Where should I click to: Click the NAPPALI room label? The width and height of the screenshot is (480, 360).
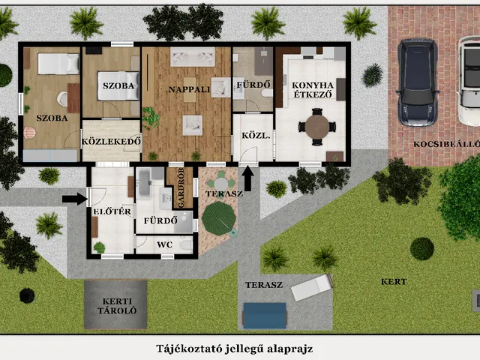(x=189, y=89)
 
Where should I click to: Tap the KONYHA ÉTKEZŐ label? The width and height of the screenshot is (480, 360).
(x=313, y=90)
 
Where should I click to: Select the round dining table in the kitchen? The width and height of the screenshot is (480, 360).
(x=317, y=127)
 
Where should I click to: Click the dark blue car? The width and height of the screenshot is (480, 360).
(x=418, y=82)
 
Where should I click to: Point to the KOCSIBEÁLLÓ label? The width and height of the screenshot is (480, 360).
(x=447, y=144)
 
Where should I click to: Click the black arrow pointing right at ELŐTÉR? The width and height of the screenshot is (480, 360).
(x=75, y=199)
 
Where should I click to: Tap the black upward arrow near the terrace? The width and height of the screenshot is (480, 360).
(x=248, y=178)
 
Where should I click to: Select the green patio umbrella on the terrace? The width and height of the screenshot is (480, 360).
(x=219, y=218)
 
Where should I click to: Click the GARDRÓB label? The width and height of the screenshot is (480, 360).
(x=181, y=188)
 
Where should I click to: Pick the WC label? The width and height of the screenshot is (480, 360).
(x=165, y=244)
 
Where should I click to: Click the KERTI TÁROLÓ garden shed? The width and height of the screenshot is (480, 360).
(x=115, y=304)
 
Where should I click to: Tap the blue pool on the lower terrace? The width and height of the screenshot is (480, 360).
(x=265, y=316)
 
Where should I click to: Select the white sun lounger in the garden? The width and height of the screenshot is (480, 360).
(x=312, y=287)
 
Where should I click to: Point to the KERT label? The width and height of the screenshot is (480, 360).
(x=394, y=282)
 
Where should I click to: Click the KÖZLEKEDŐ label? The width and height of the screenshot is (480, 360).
(x=112, y=142)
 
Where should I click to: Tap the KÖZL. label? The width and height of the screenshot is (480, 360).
(x=256, y=135)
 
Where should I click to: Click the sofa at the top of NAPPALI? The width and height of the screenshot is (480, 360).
(x=193, y=57)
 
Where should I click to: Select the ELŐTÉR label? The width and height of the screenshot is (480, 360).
(x=112, y=211)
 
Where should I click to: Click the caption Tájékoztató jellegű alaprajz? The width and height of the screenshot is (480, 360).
(x=235, y=349)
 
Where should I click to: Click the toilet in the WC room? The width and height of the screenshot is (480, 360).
(x=186, y=245)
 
